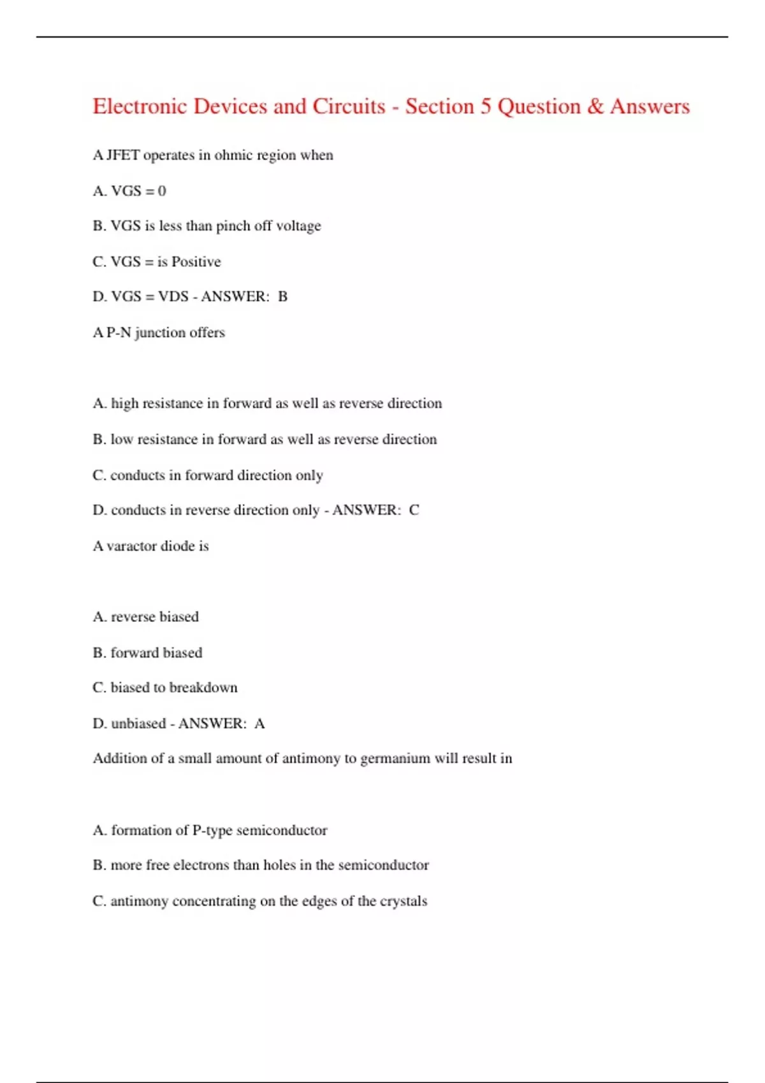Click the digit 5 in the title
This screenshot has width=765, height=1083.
coord(486,106)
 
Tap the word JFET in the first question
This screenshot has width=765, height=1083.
coord(122,155)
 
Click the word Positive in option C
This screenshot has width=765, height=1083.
coord(196,262)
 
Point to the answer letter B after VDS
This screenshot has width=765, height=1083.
coord(282,297)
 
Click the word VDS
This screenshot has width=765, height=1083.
coord(173,297)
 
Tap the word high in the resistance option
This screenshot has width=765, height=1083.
coord(124,404)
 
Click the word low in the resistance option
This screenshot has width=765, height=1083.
coord(121,440)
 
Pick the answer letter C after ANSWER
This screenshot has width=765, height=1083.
coord(414,510)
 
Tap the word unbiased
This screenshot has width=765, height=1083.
coord(138,724)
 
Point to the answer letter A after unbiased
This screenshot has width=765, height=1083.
coord(259,724)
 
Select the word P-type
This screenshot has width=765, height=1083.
coord(211,831)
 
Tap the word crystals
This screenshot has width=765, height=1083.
coord(404,901)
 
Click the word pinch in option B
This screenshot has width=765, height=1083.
coord(233,226)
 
